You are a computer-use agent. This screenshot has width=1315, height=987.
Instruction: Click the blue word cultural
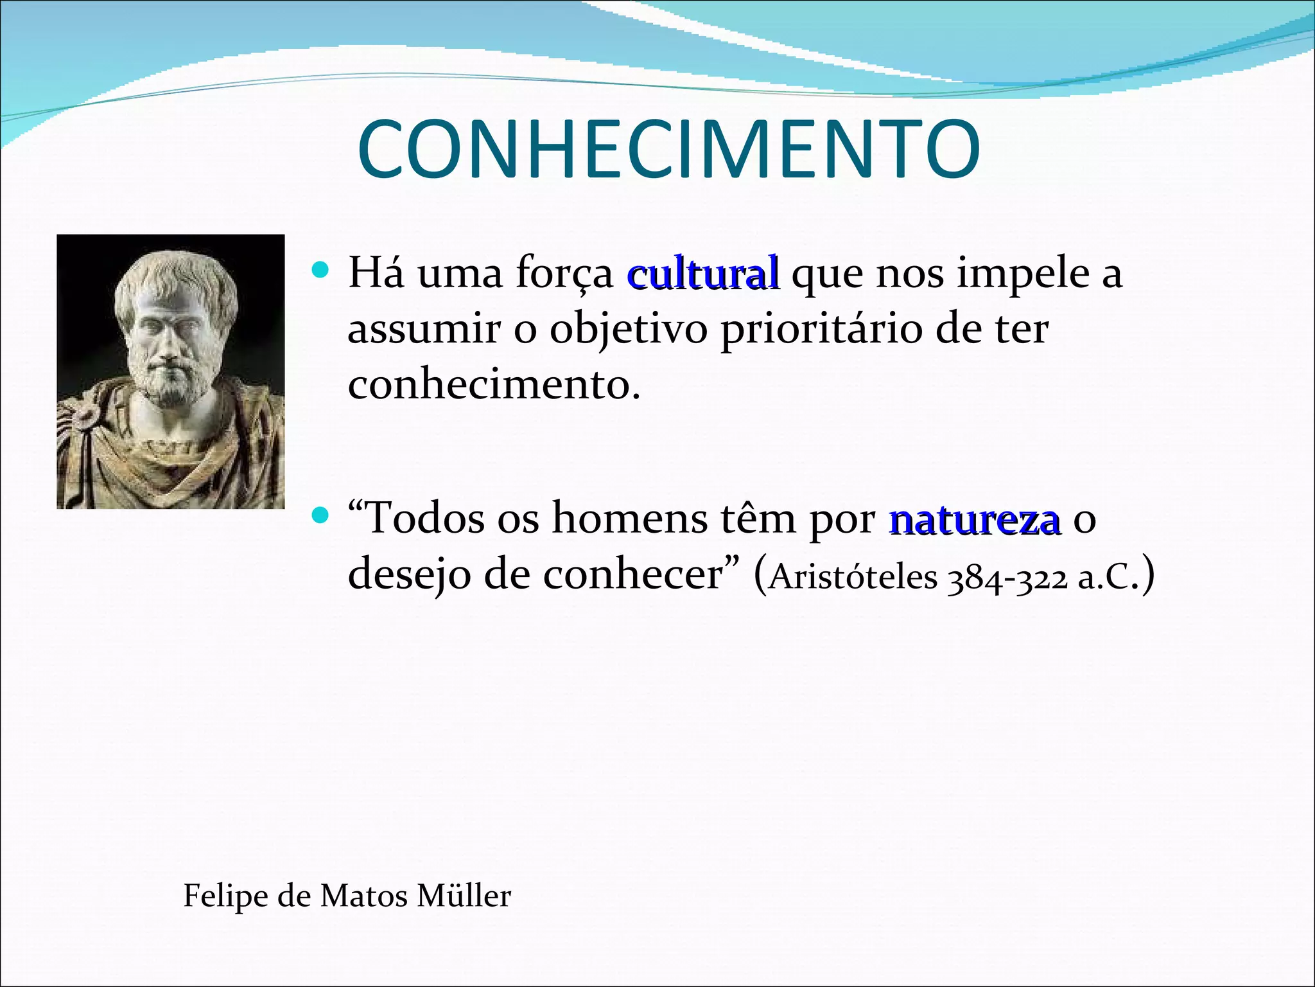703,273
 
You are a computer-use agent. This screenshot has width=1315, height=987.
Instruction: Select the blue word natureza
974,519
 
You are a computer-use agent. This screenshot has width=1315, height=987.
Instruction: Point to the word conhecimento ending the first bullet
493,386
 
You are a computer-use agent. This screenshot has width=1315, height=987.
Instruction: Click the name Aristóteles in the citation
853,576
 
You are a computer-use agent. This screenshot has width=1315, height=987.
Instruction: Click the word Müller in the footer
464,895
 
